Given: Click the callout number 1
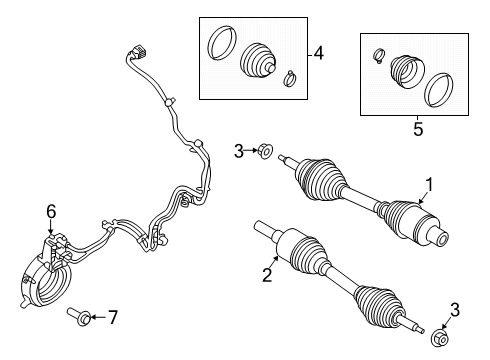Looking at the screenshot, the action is pyautogui.click(x=429, y=185).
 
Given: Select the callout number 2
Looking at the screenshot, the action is pyautogui.click(x=267, y=275).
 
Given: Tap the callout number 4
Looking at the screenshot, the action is pyautogui.click(x=319, y=53).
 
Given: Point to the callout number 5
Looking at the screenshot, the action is pyautogui.click(x=418, y=129).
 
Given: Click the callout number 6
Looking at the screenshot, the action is pyautogui.click(x=51, y=212).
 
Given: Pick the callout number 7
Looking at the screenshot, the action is pyautogui.click(x=113, y=317).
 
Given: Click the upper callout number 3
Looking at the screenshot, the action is pyautogui.click(x=239, y=151).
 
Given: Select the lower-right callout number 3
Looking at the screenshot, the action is pyautogui.click(x=455, y=310).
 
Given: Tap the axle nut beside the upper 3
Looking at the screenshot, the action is pyautogui.click(x=265, y=151).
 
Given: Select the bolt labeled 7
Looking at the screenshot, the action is pyautogui.click(x=79, y=317).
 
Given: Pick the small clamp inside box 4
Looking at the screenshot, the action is pyautogui.click(x=290, y=79).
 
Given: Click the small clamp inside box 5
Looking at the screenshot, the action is pyautogui.click(x=378, y=56).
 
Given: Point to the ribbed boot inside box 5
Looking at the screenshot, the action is pyautogui.click(x=407, y=72).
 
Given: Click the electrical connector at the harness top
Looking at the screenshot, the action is pyautogui.click(x=137, y=53).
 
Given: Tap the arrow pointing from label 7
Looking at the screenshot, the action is pyautogui.click(x=99, y=317).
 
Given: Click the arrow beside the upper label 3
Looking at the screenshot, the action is pyautogui.click(x=250, y=151).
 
